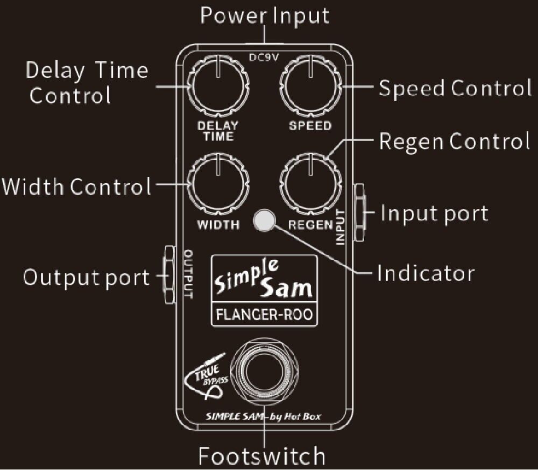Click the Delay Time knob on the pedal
coord(217,88)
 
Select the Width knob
coord(217,183)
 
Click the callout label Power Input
coord(265,15)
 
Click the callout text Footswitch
coord(262,455)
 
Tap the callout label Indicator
coord(426,273)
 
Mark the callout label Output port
coord(86,277)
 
